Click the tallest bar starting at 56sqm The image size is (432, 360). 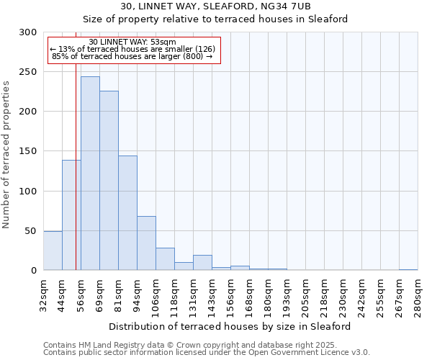click(x=90, y=173)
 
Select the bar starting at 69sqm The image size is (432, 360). click(x=109, y=180)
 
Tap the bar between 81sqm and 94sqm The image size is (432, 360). click(x=127, y=212)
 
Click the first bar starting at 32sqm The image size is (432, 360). click(x=53, y=251)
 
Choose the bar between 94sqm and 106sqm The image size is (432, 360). click(x=146, y=243)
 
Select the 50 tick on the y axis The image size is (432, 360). click(x=31, y=231)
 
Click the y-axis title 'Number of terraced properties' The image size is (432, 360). click(x=7, y=154)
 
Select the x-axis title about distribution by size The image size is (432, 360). click(x=230, y=326)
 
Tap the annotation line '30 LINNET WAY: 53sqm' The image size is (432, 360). click(x=132, y=42)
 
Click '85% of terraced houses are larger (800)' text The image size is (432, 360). click(x=132, y=56)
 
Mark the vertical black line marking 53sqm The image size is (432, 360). click(x=76, y=144)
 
